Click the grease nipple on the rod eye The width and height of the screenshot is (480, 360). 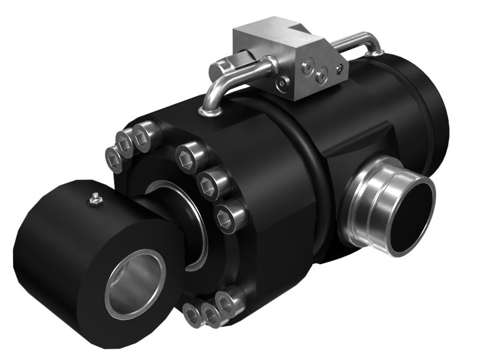coord(94,199)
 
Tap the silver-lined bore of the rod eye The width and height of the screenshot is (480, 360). coord(134,284)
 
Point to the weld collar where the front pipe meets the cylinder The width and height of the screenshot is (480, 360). coord(208,109)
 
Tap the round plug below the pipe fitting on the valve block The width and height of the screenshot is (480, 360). coord(282,86)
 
